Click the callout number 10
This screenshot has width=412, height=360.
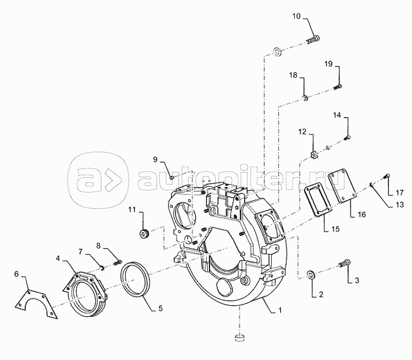[296, 16]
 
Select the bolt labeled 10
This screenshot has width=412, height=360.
[313, 40]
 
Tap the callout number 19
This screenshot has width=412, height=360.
[328, 64]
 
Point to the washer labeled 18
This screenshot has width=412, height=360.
[305, 98]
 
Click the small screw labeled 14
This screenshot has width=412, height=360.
[347, 137]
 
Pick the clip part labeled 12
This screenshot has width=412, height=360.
[314, 156]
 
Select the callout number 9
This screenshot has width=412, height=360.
[155, 159]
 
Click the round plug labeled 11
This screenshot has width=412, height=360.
[144, 234]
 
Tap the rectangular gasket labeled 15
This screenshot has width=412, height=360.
[318, 201]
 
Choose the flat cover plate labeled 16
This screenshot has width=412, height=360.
[342, 186]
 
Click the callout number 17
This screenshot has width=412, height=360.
[399, 193]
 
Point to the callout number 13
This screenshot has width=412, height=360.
[399, 204]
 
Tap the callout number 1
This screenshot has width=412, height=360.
[280, 310]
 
